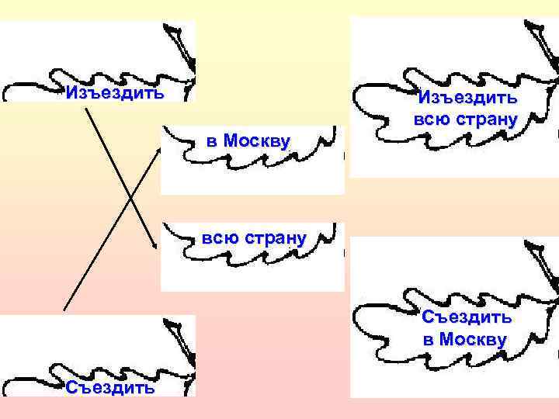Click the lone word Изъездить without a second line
tap(115, 94)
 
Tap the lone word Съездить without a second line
tap(109, 387)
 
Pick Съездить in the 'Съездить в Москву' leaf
tap(467, 317)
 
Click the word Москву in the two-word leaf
tap(256, 141)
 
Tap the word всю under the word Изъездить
tap(429, 120)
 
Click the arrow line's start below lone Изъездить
tap(87, 108)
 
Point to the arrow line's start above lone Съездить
tap(64, 310)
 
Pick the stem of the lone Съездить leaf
tap(175, 330)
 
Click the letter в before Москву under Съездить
tap(428, 340)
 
